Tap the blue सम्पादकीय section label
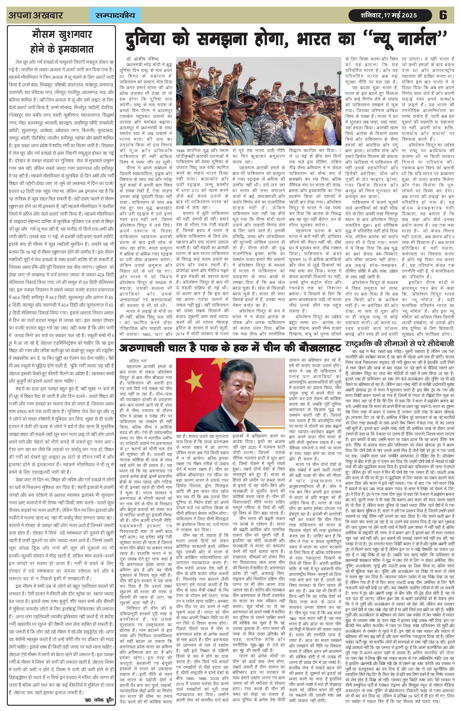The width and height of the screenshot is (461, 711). [x=115, y=15]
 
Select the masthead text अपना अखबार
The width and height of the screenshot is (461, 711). [x=36, y=15]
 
